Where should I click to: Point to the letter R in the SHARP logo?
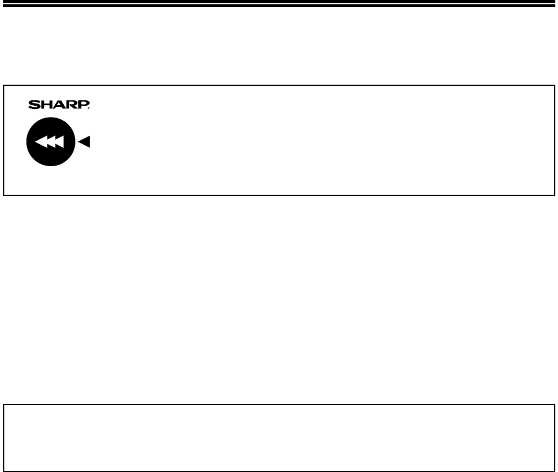tap(72, 105)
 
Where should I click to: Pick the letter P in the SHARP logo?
tap(83, 105)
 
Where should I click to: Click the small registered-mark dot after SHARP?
tap(89, 108)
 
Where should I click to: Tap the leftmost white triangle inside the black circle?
tap(41, 142)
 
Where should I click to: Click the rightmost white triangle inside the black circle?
tap(59, 142)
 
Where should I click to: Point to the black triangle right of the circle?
tap(84, 141)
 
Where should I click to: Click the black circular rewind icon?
tap(51, 141)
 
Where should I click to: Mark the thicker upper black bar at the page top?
tap(279, 2)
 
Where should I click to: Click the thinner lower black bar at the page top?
tap(279, 6)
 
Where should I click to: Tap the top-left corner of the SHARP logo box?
tap(4, 85)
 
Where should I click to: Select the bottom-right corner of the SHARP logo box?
tap(555, 195)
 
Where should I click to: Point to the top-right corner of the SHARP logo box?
tap(555, 85)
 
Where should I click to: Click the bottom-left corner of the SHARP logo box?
tap(4, 195)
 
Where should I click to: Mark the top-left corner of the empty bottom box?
tap(4, 405)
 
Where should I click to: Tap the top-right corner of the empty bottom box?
tap(555, 405)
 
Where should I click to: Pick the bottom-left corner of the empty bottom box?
tap(4, 471)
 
